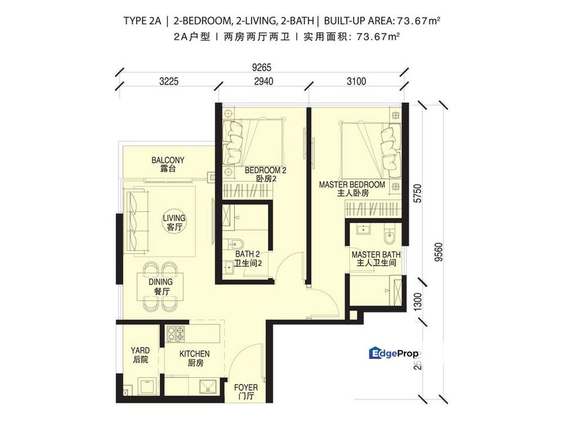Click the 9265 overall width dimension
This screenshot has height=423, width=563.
(262, 67)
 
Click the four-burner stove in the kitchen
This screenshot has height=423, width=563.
(175, 334)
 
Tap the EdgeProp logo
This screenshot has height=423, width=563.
(394, 352)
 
